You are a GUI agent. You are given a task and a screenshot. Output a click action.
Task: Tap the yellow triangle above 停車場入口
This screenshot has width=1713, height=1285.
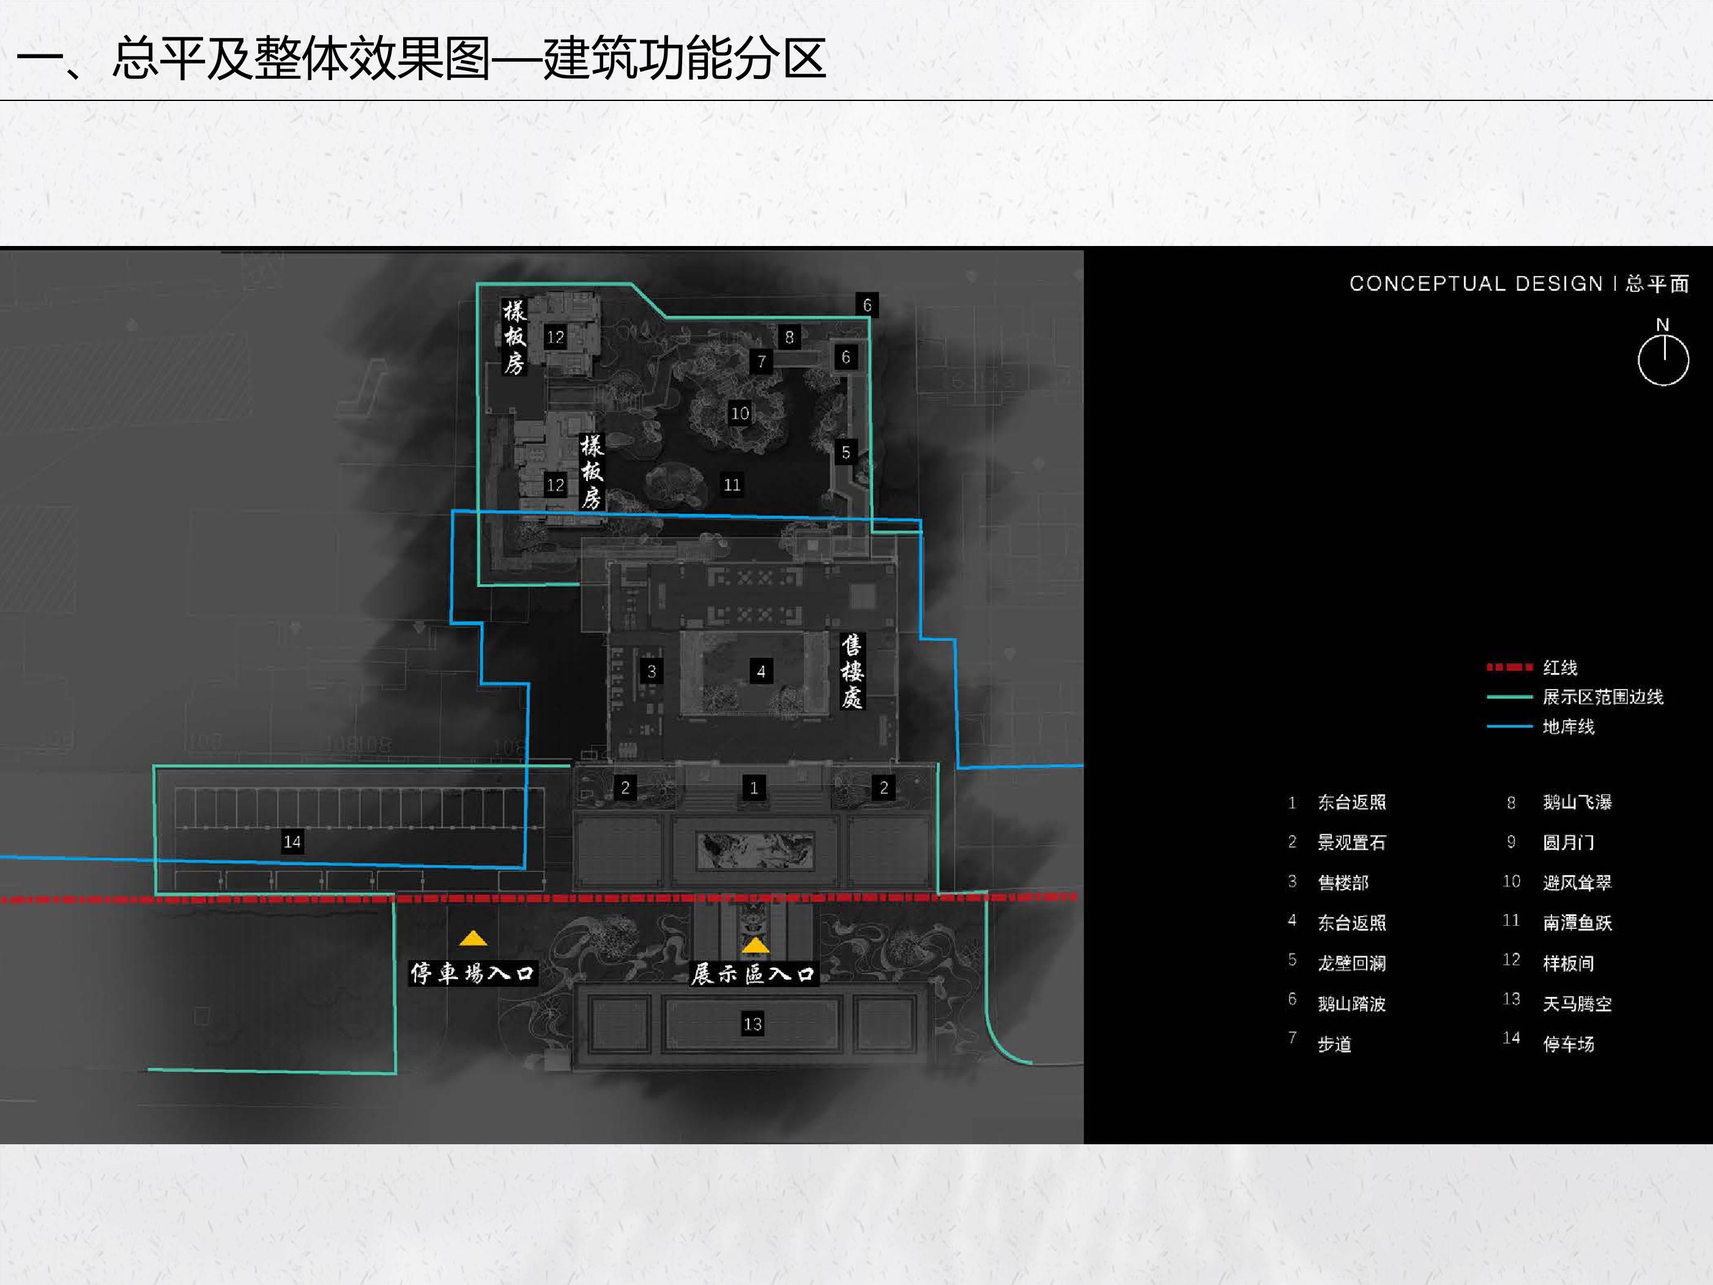click(x=473, y=939)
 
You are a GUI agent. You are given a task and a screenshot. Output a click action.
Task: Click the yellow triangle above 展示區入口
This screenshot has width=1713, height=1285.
click(x=755, y=945)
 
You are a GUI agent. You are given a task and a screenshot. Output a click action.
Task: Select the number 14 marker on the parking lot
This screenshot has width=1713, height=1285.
click(x=292, y=841)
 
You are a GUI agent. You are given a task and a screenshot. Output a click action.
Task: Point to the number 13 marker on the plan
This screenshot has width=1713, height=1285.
click(x=752, y=1024)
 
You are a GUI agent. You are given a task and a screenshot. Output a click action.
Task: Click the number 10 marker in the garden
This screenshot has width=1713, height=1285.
click(x=740, y=414)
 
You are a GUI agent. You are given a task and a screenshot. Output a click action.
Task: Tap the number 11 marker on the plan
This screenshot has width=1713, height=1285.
click(x=732, y=485)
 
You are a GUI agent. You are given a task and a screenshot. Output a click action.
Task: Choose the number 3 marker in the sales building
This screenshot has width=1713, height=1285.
click(x=652, y=671)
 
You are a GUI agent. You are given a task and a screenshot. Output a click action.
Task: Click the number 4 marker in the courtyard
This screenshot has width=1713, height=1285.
click(x=761, y=671)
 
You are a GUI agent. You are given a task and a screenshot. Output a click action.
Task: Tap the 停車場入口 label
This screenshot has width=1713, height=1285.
click(x=472, y=973)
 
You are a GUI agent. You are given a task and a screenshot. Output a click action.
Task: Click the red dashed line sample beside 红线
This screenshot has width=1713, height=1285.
click(x=1509, y=667)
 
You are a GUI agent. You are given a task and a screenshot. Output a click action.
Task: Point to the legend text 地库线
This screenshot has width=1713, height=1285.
click(x=1568, y=726)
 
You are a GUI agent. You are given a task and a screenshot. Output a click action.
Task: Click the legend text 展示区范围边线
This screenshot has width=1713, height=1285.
click(x=1602, y=697)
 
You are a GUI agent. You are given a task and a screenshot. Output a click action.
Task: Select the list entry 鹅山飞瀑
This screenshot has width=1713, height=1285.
click(x=1577, y=802)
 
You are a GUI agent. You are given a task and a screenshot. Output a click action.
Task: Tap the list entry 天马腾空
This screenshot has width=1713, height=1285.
click(x=1577, y=1004)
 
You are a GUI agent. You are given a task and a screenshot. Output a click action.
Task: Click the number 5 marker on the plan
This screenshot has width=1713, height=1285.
click(x=845, y=452)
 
